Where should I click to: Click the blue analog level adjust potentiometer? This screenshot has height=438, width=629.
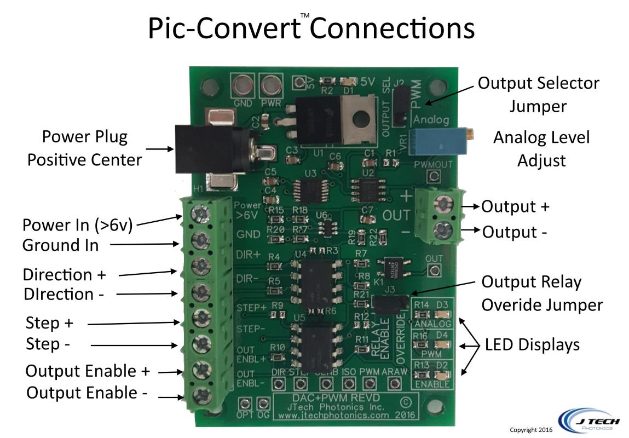point(441,140)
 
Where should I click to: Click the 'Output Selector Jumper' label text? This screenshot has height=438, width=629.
point(539,94)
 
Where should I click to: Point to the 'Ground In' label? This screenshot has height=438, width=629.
point(60,245)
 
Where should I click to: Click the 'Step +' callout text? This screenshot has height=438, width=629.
point(50,324)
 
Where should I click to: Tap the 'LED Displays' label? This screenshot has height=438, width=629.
point(533,345)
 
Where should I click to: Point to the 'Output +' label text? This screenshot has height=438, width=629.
point(515,207)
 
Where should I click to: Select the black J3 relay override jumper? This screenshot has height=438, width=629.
point(390,302)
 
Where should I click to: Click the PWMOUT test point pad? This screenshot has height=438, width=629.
point(434,176)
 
